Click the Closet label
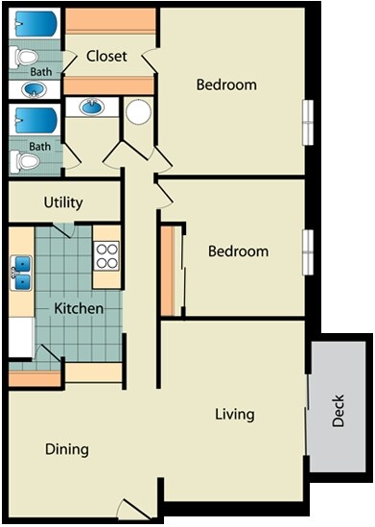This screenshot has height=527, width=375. tap(106, 56)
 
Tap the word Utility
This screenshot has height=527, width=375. tap(63, 203)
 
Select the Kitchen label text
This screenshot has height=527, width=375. tap(79, 308)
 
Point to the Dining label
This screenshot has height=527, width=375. tap(67, 449)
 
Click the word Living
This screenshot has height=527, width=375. tap(235, 415)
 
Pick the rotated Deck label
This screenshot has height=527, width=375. tap(338, 411)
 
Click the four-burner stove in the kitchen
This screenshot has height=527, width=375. tap(106, 255)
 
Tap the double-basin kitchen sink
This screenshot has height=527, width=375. tap(21, 273)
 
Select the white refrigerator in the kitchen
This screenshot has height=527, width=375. tap(21, 337)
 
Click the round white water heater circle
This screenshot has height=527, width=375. tap(139, 111)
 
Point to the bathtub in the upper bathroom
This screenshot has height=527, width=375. tap(35, 24)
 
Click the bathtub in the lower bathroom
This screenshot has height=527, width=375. tap(35, 121)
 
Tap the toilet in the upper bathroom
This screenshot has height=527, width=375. tap(24, 57)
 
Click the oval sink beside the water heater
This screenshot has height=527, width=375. tap(92, 107)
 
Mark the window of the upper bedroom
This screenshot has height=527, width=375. tap(308, 123)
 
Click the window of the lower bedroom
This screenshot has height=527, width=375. tap(308, 252)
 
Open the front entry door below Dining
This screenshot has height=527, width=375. tap(134, 509)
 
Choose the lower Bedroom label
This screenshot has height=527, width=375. tap(239, 252)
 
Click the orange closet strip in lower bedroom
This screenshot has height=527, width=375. tap(167, 271)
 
